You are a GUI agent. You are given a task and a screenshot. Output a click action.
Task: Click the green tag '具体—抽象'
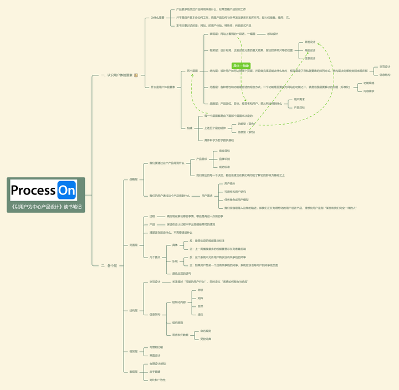[x=240, y=65]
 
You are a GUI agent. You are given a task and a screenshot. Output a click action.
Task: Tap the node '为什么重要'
[x=157, y=17]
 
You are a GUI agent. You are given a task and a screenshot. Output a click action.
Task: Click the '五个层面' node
[x=192, y=70]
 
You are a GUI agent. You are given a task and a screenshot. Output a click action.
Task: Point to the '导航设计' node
[x=310, y=50]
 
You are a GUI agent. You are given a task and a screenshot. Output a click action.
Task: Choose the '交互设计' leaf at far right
[x=385, y=66]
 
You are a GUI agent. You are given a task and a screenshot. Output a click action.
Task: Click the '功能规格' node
[x=369, y=83]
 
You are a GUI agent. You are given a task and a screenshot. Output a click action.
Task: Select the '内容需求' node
[x=369, y=91]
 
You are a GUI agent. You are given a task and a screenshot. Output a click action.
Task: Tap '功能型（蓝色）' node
[x=246, y=124]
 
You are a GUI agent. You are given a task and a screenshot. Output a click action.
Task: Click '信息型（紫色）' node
[x=246, y=132]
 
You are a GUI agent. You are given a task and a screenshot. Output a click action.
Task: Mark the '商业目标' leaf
[x=224, y=151]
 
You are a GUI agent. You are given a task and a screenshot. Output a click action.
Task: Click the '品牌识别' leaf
[x=224, y=158]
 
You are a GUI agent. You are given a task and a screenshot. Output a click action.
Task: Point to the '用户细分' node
[x=229, y=183]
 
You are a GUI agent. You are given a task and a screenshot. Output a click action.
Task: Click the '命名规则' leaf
[x=206, y=331]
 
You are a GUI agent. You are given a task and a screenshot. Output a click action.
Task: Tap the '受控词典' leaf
[x=206, y=338]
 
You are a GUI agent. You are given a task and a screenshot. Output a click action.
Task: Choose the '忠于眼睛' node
[x=155, y=372]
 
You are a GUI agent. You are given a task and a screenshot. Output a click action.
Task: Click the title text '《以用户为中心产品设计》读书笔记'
[x=46, y=207]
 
